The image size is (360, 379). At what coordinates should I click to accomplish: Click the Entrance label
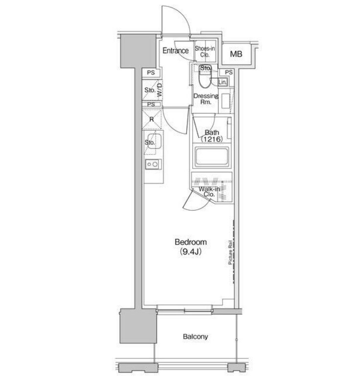tap(176, 50)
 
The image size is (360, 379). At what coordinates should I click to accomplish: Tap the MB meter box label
tap(236, 54)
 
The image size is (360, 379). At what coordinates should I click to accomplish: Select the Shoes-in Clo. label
tap(205, 51)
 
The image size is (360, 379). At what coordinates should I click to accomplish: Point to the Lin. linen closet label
tap(223, 82)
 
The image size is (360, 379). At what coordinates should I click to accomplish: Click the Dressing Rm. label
tap(206, 99)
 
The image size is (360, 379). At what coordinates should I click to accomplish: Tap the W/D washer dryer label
tap(159, 90)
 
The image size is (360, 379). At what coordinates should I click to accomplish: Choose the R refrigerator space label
tap(152, 119)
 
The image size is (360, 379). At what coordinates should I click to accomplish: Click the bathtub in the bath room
tap(212, 157)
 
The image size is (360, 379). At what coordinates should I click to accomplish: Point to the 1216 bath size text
tap(212, 139)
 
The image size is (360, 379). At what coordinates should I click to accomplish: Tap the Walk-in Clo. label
tap(209, 191)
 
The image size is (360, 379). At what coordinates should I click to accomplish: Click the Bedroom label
tap(190, 242)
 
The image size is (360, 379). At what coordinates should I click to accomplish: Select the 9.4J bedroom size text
tap(190, 252)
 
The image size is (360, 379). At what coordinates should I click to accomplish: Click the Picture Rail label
tap(230, 252)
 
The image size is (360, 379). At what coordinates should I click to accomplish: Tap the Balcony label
tap(195, 336)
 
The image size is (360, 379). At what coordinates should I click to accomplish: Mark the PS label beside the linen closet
tap(229, 72)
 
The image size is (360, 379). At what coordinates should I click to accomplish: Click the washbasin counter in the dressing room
tap(226, 100)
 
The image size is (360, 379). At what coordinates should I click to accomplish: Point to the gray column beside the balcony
tap(138, 326)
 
